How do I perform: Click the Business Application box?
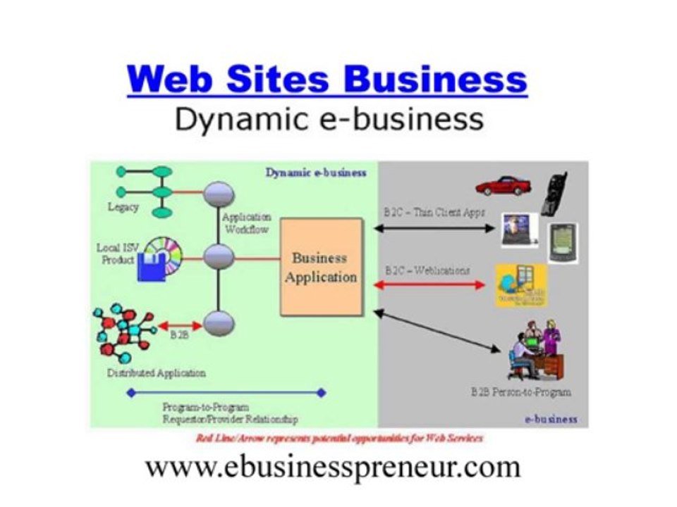[322, 267]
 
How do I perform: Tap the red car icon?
[502, 186]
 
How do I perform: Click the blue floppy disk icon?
[151, 268]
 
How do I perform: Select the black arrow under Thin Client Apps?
[434, 228]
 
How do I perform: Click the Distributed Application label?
[156, 373]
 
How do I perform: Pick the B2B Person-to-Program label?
[520, 392]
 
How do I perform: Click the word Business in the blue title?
[435, 79]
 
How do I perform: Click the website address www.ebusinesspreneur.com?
[333, 466]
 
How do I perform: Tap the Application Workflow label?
[246, 223]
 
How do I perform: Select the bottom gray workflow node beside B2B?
[219, 324]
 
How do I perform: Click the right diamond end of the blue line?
[322, 393]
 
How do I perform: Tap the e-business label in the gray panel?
[551, 419]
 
